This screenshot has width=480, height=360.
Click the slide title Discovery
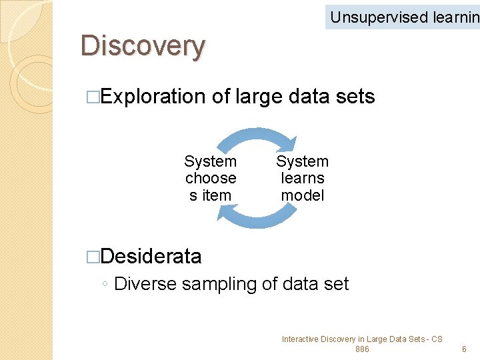coord(143,47)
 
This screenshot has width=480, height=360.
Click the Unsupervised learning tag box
coord(403,17)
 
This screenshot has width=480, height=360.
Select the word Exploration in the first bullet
coord(153,97)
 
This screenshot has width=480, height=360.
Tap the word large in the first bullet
coord(260,97)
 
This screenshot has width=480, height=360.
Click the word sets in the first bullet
coord(356,97)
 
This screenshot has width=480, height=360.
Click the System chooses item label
coord(211,178)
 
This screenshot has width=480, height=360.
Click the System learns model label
coord(303,178)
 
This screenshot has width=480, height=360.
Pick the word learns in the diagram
coord(303,178)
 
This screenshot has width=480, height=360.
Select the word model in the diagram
coord(303,195)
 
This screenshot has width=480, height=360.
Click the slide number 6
coord(465,349)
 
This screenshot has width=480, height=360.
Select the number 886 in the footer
coord(362,349)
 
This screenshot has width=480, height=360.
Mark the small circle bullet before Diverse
coord(105,285)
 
